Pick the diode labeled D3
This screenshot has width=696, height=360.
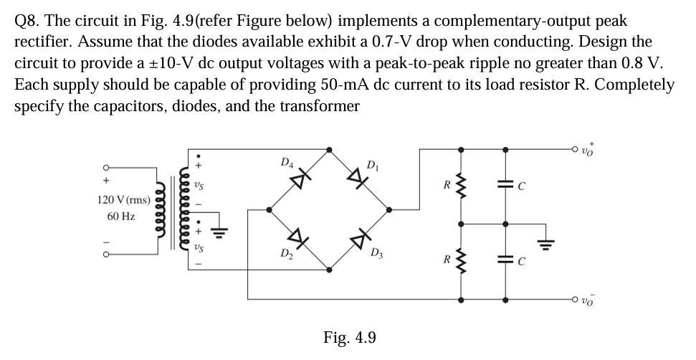click(360, 239)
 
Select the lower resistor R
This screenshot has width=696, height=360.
click(460, 260)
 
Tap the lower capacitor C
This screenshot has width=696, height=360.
click(506, 260)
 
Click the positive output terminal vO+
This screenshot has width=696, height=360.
click(575, 149)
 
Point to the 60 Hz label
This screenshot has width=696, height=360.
click(121, 216)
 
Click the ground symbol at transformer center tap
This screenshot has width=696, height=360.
click(221, 231)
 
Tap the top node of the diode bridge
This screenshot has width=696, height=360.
click(329, 150)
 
